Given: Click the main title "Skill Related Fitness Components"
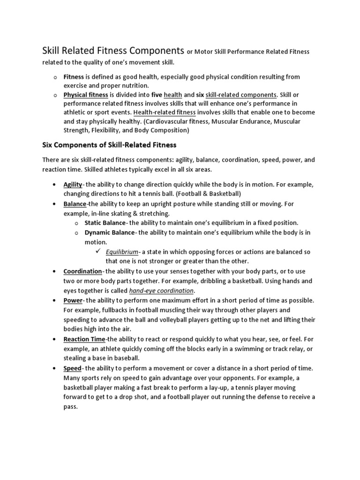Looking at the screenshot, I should tap(113, 50).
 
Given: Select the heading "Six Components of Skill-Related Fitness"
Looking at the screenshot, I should tap(109, 145).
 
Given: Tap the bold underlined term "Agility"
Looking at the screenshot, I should tap(73, 184).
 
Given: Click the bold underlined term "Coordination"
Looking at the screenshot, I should tap(82, 271).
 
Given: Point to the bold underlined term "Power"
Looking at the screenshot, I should tap(73, 300).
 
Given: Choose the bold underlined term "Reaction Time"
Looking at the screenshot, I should tap(84, 339).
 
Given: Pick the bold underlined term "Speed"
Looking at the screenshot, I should tap(72, 368).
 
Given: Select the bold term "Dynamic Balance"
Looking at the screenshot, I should tap(109, 232).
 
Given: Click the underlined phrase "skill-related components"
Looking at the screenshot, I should tap(241, 94).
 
